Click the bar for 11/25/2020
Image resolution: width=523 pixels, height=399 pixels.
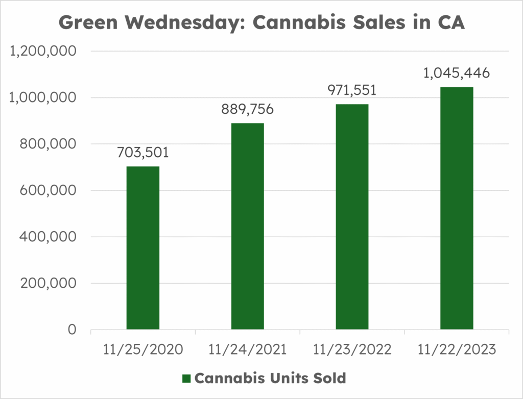pyautogui.click(x=143, y=248)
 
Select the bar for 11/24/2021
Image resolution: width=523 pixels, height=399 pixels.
pyautogui.click(x=248, y=227)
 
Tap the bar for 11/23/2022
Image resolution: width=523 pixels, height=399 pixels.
pyautogui.click(x=352, y=217)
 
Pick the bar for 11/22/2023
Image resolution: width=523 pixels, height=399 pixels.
pyautogui.click(x=457, y=208)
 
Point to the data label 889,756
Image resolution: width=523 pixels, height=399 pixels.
pyautogui.click(x=248, y=110)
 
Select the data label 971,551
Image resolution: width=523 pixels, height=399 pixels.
pyautogui.click(x=352, y=91)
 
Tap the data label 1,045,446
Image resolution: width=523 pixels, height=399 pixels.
pyautogui.click(x=457, y=73)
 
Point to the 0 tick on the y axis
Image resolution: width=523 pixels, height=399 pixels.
pyautogui.click(x=71, y=330)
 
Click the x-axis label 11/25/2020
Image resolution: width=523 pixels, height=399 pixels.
pyautogui.click(x=143, y=351)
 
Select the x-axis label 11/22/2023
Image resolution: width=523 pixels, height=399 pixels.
pyautogui.click(x=457, y=351)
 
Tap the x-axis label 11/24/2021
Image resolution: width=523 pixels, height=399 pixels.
pyautogui.click(x=248, y=351)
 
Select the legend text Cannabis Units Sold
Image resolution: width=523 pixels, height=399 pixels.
pyautogui.click(x=270, y=378)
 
